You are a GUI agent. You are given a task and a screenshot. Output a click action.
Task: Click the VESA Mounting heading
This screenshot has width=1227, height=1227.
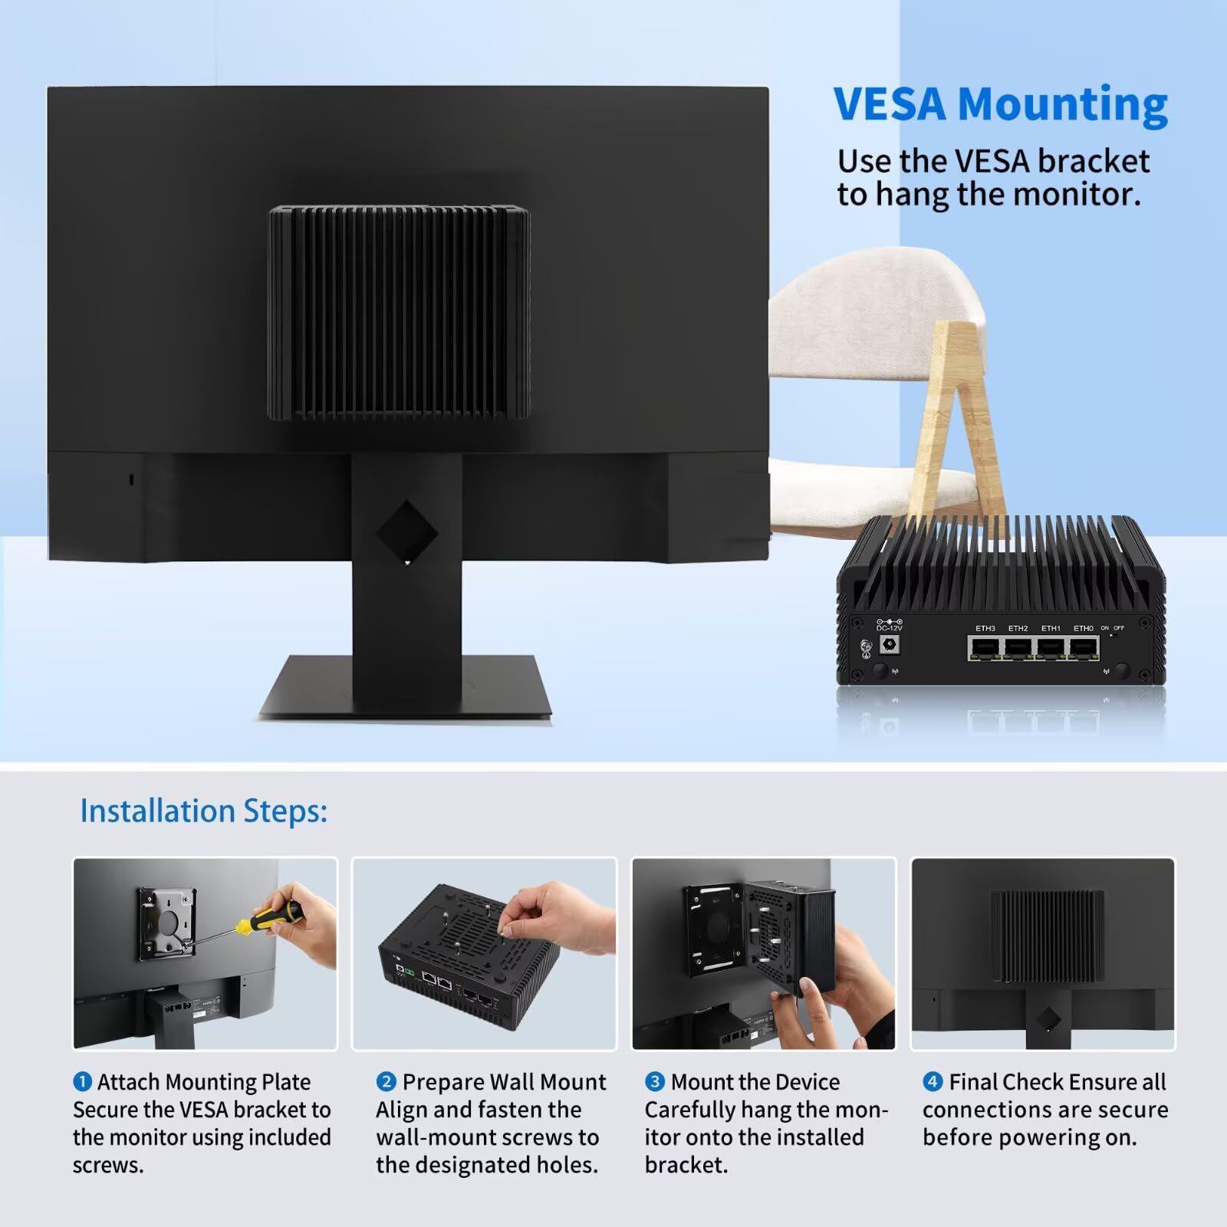click(x=1000, y=104)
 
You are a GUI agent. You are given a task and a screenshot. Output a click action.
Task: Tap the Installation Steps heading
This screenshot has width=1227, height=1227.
click(x=203, y=811)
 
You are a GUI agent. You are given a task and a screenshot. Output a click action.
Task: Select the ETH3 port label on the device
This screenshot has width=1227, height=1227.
click(x=985, y=629)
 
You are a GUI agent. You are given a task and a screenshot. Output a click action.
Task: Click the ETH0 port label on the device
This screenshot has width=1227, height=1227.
click(x=1084, y=629)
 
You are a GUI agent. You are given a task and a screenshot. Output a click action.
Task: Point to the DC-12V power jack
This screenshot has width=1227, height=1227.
click(x=890, y=645)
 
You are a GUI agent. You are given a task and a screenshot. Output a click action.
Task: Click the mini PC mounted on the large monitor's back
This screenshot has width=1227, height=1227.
click(x=399, y=313)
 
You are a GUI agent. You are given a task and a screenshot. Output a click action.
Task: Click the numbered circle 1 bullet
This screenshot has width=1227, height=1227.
click(x=82, y=1082)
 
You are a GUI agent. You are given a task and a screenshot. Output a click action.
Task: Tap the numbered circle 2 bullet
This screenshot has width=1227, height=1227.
click(x=386, y=1082)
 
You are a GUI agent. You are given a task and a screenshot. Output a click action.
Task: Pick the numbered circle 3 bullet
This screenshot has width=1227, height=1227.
click(x=654, y=1082)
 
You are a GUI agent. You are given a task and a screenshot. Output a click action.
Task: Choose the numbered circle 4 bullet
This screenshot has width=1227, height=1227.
click(x=933, y=1082)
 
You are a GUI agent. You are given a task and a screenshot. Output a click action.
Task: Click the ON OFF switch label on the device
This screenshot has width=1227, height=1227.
click(x=1113, y=628)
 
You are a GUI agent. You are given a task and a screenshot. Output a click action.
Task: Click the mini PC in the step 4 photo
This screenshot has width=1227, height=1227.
click(x=1048, y=936)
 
